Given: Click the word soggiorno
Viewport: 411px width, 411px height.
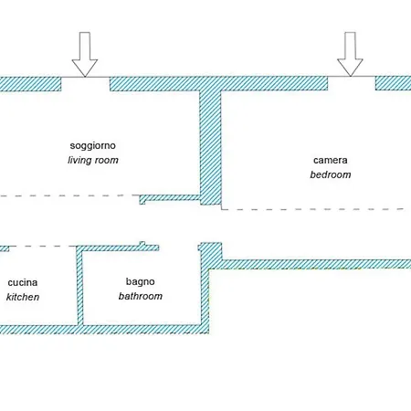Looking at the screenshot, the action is click(x=93, y=146).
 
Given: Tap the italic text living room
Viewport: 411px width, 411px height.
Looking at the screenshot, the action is click(x=93, y=160).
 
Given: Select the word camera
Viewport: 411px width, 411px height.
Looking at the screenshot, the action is click(x=331, y=160).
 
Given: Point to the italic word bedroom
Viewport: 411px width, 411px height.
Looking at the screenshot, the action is click(x=331, y=174).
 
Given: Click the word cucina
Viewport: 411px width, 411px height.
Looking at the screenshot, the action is click(x=23, y=282).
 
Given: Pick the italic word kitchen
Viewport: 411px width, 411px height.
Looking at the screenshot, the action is click(x=23, y=297).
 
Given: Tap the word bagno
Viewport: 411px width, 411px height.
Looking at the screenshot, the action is click(x=141, y=282).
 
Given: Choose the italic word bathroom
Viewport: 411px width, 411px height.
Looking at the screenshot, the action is click(x=141, y=296).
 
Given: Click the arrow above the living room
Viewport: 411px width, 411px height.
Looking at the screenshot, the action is click(x=85, y=54).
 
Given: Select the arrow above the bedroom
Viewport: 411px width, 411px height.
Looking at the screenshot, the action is click(x=350, y=54).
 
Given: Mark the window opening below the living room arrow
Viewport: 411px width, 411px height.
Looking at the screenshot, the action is click(x=85, y=83).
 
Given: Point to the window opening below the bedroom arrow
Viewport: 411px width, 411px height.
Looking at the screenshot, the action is click(x=352, y=83).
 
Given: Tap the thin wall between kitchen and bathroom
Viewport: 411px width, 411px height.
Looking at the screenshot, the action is click(x=79, y=286).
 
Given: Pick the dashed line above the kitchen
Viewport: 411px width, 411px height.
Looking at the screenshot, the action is click(x=42, y=246).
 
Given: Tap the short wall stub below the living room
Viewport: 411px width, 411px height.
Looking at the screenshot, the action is click(x=170, y=198).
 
